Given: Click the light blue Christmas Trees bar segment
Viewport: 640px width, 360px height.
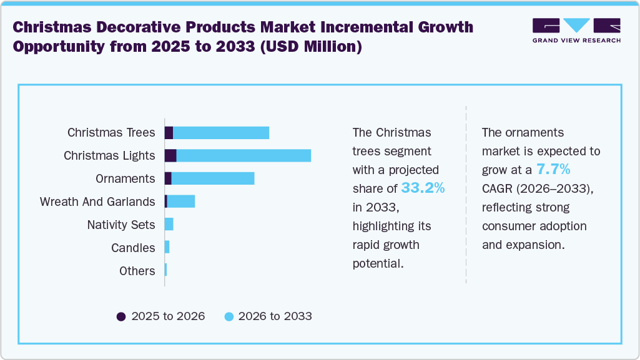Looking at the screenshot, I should tap(221, 133).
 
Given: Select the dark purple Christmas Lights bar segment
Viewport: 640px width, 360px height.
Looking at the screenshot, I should tap(170, 156).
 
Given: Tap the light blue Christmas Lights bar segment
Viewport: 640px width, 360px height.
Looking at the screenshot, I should tap(244, 156).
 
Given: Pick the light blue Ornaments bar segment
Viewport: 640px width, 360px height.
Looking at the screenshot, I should tap(213, 178).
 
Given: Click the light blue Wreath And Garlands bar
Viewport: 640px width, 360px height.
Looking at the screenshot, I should tap(181, 202).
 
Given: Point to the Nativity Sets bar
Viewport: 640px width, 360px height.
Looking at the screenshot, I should tap(169, 225).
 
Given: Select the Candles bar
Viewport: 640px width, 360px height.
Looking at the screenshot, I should tap(167, 248).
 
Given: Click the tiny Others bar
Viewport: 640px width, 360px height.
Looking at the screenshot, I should tap(165, 271).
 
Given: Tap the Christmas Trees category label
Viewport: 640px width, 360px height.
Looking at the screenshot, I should tap(111, 133).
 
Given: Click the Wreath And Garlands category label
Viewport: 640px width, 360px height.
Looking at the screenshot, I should tap(97, 202).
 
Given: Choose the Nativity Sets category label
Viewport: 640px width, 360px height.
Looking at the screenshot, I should tap(121, 225).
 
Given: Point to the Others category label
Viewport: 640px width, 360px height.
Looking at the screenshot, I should tap(137, 271).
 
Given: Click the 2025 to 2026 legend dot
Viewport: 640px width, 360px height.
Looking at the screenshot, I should tap(121, 316).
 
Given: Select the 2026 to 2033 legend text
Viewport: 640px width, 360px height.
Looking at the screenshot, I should tap(275, 316).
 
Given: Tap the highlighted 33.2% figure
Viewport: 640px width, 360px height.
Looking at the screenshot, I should tap(423, 188).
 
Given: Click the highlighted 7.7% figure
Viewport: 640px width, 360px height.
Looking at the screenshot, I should tap(553, 169).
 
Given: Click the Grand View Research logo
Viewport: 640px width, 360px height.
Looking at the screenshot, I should tap(576, 31).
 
